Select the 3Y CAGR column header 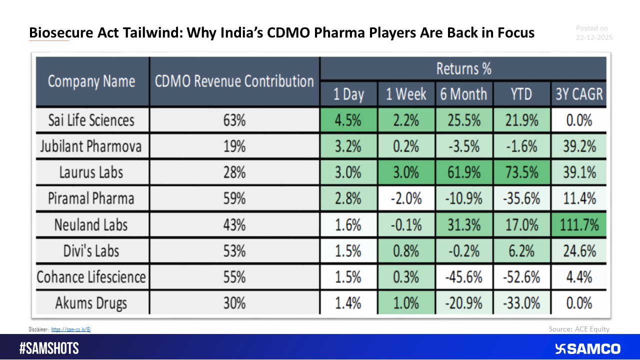578,94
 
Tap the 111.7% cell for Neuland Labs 578,224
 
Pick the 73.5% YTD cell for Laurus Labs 521,172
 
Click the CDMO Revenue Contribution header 234,81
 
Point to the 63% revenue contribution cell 234,120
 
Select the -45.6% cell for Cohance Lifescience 463,277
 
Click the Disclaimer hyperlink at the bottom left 71,329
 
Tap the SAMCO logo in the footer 587,348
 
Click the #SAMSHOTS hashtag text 49,348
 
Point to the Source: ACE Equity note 578,329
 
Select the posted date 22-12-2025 594,37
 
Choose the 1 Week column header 405,94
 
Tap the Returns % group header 463,68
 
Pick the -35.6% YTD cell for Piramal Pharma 521,198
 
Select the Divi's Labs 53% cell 234,250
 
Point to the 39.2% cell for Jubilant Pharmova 578,146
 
